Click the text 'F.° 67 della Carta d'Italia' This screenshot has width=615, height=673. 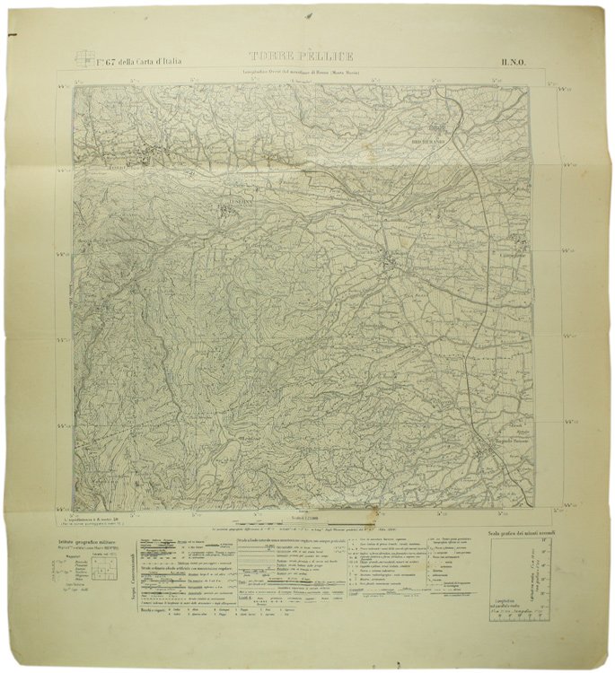coord(139,61)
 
